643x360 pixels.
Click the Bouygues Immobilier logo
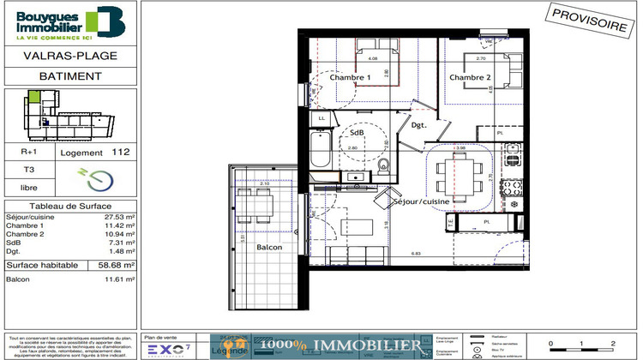tap(70, 23)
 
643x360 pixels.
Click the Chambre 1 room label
tap(350, 78)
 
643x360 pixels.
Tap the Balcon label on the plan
tap(269, 248)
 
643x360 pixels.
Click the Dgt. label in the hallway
tap(418, 126)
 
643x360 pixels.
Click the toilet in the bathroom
tap(383, 165)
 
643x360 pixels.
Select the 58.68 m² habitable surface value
tap(117, 265)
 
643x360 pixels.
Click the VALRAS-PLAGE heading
tap(70, 57)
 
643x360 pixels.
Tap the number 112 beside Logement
tap(122, 152)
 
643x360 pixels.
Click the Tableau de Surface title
tap(70, 207)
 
